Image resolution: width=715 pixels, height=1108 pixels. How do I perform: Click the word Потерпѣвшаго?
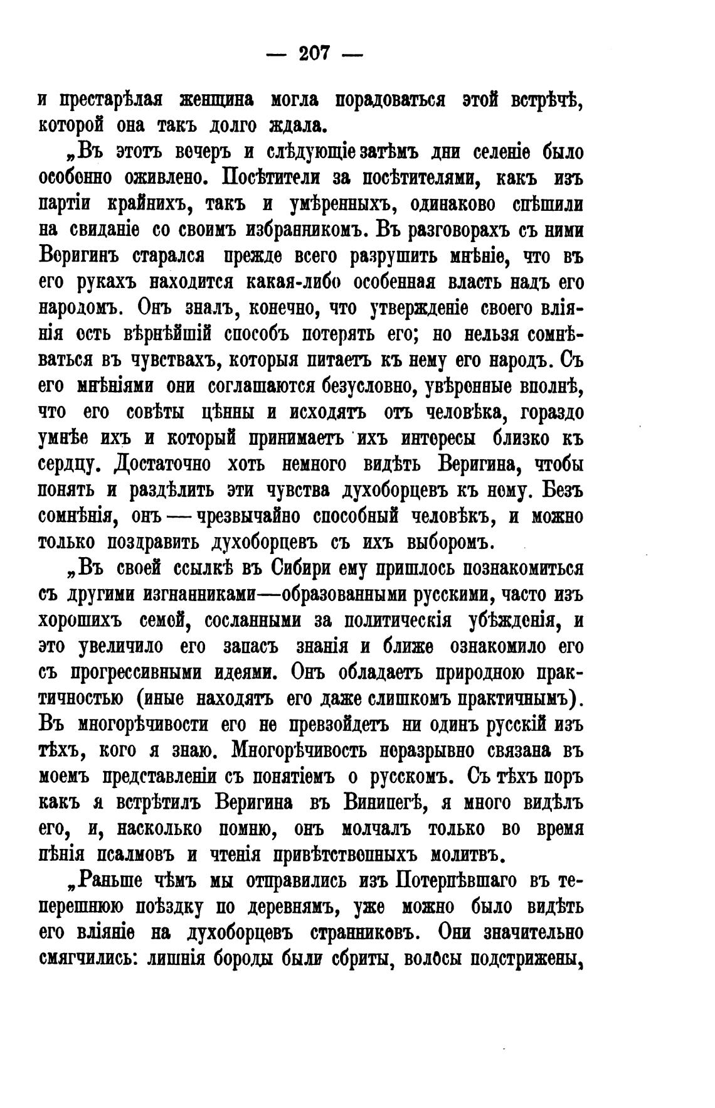coord(451,882)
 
